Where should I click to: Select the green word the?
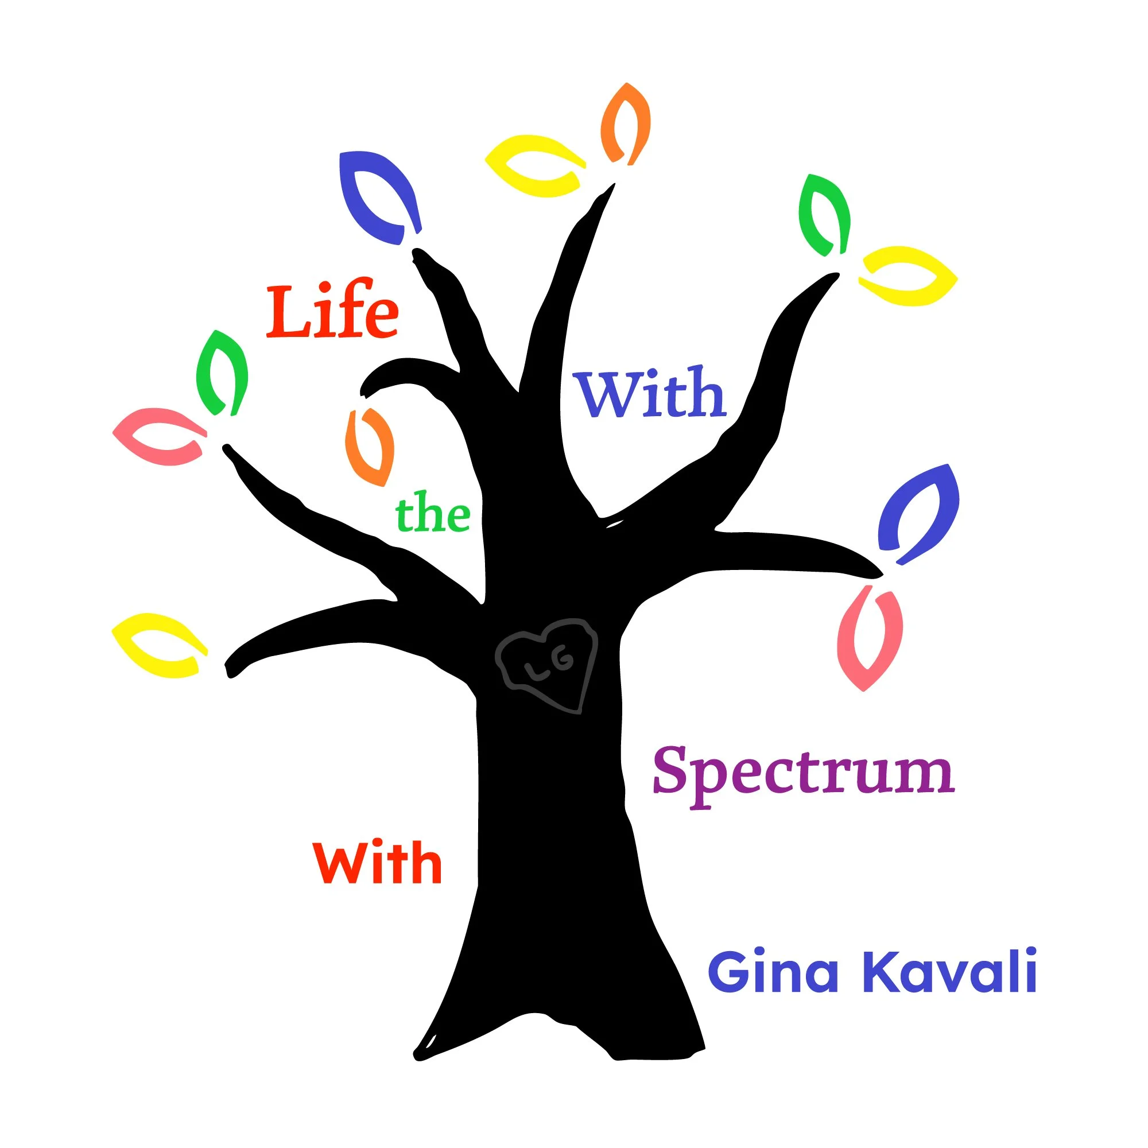433,514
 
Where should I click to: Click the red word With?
377,863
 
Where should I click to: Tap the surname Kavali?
949,972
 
